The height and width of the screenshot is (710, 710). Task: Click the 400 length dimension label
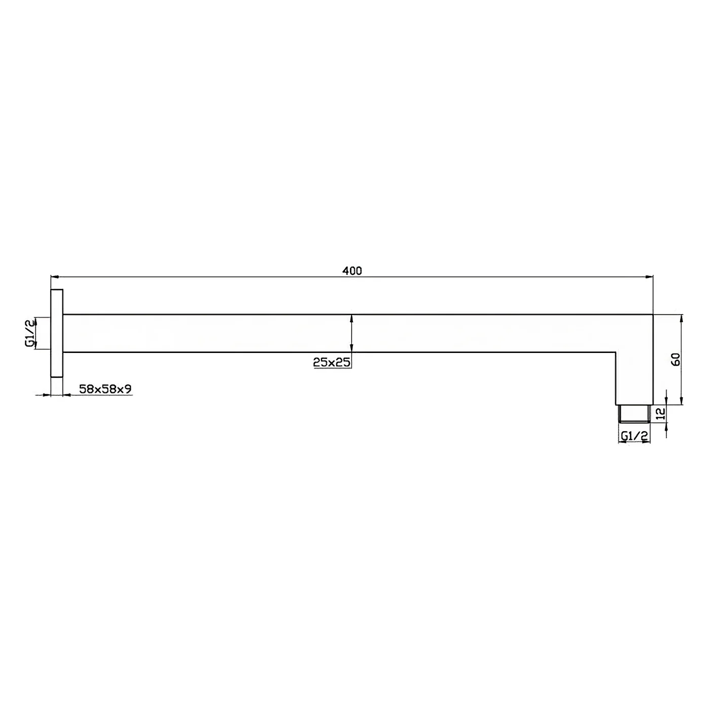tap(352, 271)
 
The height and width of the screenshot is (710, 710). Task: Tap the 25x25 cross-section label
tap(332, 362)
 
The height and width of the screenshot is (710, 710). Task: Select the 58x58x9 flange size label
tap(105, 388)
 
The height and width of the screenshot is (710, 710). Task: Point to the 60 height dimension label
tap(676, 359)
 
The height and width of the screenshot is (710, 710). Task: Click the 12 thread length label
tap(662, 413)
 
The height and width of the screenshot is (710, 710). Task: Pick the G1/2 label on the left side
tap(30, 333)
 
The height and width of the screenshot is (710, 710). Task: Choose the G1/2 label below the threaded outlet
tap(634, 436)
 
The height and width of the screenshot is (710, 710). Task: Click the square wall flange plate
tap(57, 333)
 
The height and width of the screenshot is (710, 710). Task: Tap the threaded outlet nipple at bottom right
tap(634, 413)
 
